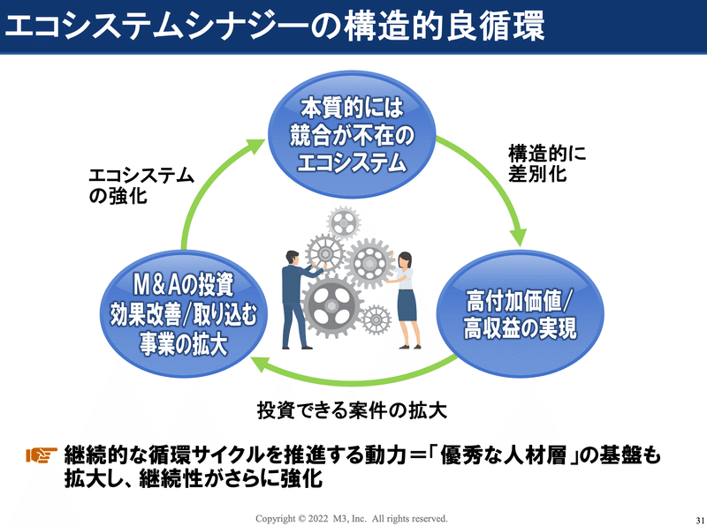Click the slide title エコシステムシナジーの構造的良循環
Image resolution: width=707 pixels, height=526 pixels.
point(275,26)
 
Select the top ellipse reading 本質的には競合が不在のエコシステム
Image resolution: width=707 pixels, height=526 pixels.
point(352,135)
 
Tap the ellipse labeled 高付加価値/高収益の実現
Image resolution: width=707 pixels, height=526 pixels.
point(521,314)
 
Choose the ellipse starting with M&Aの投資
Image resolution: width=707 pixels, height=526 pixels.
point(184,314)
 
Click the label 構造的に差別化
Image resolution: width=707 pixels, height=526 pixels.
point(547,163)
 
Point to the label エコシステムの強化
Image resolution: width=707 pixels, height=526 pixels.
point(141,185)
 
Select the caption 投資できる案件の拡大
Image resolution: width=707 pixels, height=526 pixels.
point(352,410)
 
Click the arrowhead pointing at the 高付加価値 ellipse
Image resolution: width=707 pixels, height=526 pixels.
point(519,237)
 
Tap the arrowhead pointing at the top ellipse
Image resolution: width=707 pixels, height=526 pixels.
point(255,146)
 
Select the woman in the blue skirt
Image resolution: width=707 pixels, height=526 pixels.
point(405,300)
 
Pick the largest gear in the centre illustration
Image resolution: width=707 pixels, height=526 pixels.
point(331,305)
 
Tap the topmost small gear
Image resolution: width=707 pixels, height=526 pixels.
point(343,222)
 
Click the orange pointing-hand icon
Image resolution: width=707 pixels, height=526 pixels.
point(42,455)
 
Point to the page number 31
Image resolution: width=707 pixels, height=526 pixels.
point(700,520)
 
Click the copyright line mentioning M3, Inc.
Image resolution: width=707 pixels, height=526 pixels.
point(352,518)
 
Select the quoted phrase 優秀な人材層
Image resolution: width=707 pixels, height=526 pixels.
point(503,455)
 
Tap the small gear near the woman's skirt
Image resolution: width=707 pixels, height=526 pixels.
point(376,319)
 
